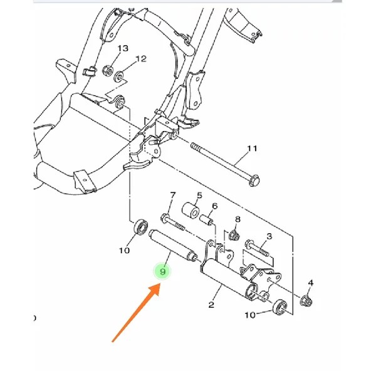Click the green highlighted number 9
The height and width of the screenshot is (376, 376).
click(x=162, y=271)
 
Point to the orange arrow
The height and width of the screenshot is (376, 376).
click(x=136, y=312)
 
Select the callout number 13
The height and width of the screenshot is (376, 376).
click(x=123, y=48)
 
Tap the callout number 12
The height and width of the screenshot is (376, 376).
click(x=141, y=59)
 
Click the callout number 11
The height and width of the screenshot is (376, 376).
click(x=252, y=149)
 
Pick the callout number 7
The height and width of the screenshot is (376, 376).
click(x=173, y=196)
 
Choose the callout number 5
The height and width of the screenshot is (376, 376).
click(x=199, y=196)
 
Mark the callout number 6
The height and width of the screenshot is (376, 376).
click(x=214, y=206)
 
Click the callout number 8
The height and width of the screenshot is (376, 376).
click(x=238, y=219)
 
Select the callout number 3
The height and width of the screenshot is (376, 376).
click(x=269, y=236)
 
